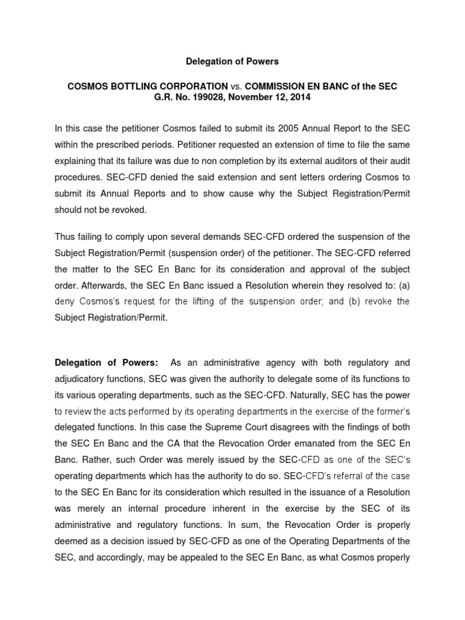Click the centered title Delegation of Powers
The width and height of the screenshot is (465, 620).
[x=232, y=61]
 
